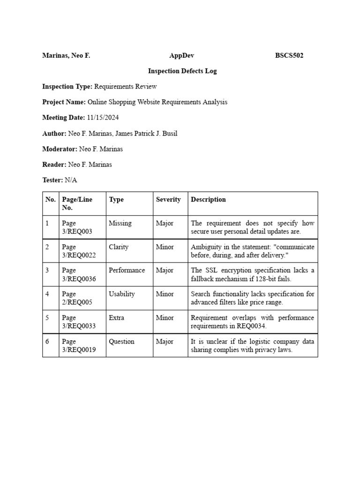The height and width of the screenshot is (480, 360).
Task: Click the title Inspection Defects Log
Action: (x=182, y=71)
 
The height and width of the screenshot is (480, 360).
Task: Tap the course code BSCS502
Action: (x=289, y=56)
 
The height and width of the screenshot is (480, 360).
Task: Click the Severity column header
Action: (x=168, y=200)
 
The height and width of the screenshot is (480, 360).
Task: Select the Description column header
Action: (x=208, y=200)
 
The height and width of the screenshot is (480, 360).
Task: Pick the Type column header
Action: (x=116, y=200)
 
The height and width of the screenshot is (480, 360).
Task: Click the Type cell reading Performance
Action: (x=127, y=270)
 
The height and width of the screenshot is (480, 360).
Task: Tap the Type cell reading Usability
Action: (x=121, y=294)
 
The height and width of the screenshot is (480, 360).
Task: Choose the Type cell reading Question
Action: (x=121, y=342)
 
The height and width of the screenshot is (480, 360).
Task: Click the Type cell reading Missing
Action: (x=120, y=224)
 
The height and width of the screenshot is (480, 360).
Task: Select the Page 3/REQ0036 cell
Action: (x=79, y=275)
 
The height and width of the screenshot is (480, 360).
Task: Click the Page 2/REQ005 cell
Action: (x=77, y=298)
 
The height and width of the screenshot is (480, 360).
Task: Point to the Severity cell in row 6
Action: (x=165, y=342)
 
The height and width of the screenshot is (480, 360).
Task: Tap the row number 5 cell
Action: (x=47, y=318)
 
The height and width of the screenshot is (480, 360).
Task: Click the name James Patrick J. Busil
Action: (x=145, y=134)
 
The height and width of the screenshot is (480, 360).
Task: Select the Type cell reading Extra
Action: (x=116, y=318)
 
